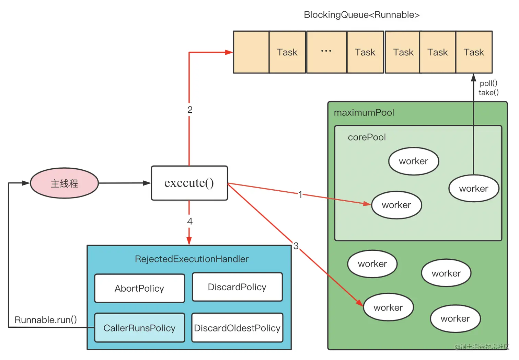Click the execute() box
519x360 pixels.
coord(189,183)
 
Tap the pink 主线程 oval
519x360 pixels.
coord(65,183)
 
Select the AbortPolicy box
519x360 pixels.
coord(139,288)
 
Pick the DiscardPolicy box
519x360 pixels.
coord(237,287)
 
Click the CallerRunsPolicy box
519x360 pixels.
coord(139,328)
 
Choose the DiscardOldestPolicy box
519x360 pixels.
coord(237,328)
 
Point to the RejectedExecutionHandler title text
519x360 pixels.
coord(192,259)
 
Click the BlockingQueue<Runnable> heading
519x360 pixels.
coord(361,15)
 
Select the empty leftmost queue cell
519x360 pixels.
coord(251,52)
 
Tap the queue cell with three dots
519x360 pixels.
coord(326,52)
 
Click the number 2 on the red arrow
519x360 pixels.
coord(190,110)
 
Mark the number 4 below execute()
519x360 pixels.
coord(190,222)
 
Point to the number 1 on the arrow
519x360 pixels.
coord(300,195)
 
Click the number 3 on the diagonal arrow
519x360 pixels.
coord(296,246)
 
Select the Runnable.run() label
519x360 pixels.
coord(46,320)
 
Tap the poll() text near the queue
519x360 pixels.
coord(488,83)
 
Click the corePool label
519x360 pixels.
coord(367,137)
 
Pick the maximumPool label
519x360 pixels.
coord(364,113)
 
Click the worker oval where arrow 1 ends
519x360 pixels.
coord(396,205)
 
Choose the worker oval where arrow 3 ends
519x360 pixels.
coord(388,307)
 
